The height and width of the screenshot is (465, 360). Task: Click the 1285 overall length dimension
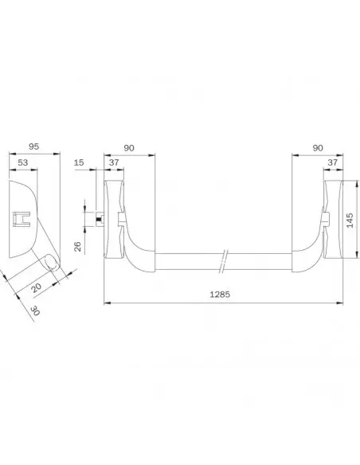220,295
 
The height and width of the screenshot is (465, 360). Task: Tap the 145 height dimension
350,220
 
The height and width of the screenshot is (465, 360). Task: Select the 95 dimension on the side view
33,147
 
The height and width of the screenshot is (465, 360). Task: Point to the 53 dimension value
23,162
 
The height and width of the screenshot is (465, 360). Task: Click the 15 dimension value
79,162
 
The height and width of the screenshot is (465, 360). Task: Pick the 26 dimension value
77,247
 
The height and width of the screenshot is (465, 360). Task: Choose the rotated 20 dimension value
36,287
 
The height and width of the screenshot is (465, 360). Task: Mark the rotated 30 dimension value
35,311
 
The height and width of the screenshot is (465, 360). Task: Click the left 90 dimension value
129,148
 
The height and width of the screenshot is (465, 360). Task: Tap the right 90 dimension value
318,148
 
